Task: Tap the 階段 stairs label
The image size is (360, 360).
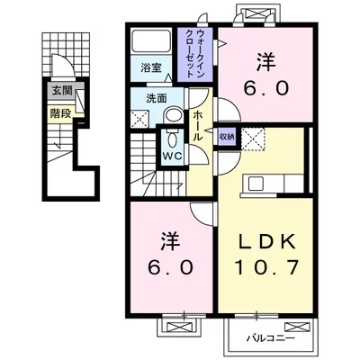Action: pyautogui.click(x=61, y=114)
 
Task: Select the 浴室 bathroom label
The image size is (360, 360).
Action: pyautogui.click(x=150, y=67)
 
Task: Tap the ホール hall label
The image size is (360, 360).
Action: pyautogui.click(x=196, y=124)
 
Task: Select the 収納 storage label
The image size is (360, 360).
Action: pyautogui.click(x=228, y=136)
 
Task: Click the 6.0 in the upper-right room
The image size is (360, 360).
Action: pyautogui.click(x=266, y=89)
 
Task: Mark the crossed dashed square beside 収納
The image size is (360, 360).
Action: pyautogui.click(x=254, y=139)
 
